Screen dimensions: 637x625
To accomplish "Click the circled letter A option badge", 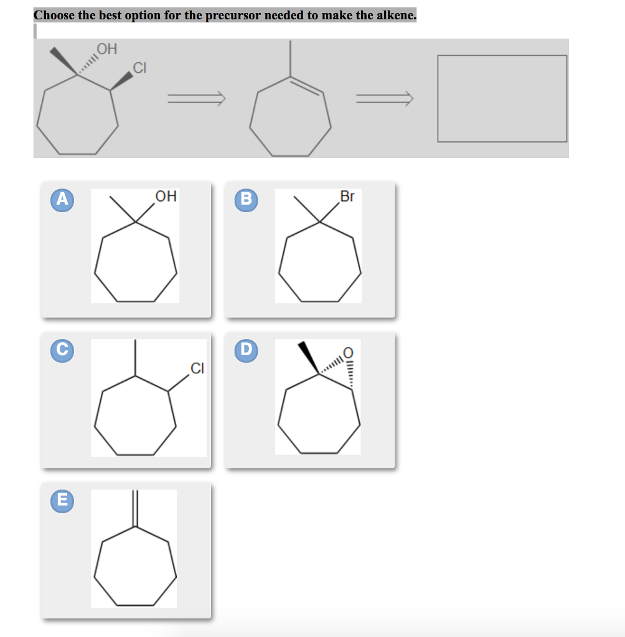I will [61, 199].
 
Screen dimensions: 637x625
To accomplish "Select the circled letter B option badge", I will [246, 199].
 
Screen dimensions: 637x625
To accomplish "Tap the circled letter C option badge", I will [61, 350].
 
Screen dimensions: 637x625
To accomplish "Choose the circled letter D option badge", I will [246, 350].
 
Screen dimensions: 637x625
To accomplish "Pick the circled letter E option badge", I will [61, 500].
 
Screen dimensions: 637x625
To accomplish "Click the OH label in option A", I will [166, 197].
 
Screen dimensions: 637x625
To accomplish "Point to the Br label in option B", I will [347, 197].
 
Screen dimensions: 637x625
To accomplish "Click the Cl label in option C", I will [196, 369].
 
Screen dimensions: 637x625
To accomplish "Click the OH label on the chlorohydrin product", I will [106, 49].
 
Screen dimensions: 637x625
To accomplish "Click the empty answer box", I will [502, 98].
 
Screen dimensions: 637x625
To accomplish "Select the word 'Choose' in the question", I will [55, 15].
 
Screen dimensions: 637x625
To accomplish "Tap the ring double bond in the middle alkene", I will [306, 86].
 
